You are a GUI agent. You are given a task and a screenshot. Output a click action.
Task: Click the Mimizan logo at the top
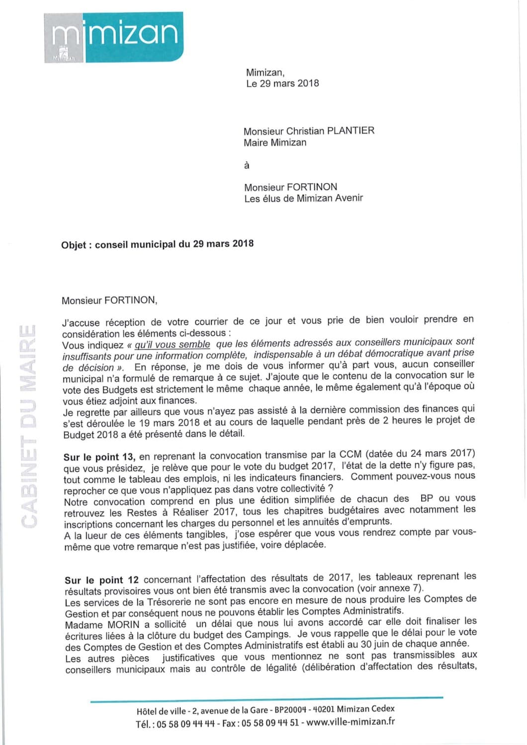click(113, 37)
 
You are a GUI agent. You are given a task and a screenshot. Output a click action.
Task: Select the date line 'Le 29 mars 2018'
click(282, 83)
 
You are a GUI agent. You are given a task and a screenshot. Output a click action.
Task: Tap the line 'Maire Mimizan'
click(275, 143)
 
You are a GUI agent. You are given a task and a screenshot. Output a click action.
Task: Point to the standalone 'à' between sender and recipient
click(247, 165)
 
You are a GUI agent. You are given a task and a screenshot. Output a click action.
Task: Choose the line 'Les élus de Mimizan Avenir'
click(303, 198)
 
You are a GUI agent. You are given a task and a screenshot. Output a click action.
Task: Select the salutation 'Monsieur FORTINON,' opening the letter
click(109, 300)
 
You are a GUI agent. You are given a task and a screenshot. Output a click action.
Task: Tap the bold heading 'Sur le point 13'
click(99, 457)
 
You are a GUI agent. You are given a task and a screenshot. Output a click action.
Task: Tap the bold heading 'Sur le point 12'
click(101, 580)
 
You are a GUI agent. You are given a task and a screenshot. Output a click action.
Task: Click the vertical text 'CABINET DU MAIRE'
click(28, 425)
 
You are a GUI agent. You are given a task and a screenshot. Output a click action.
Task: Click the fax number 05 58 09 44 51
click(270, 723)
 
